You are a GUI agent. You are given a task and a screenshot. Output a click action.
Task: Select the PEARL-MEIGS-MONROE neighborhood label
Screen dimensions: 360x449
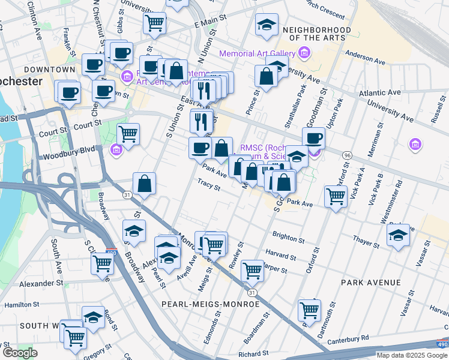click(211, 304)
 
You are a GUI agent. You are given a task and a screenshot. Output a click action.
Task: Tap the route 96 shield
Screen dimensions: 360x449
click(347, 156)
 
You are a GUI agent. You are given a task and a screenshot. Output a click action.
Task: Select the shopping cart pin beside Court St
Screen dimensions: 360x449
click(128, 134)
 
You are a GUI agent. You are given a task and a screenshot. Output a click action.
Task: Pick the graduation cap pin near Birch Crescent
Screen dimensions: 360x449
click(267, 25)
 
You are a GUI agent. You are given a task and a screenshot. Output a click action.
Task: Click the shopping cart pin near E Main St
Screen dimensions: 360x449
click(154, 23)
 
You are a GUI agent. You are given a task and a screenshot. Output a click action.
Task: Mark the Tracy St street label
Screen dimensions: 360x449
click(209, 184)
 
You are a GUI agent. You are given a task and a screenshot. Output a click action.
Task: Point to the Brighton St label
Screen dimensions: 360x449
click(289, 238)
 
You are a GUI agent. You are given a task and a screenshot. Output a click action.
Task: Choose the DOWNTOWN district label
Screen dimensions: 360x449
click(50, 70)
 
